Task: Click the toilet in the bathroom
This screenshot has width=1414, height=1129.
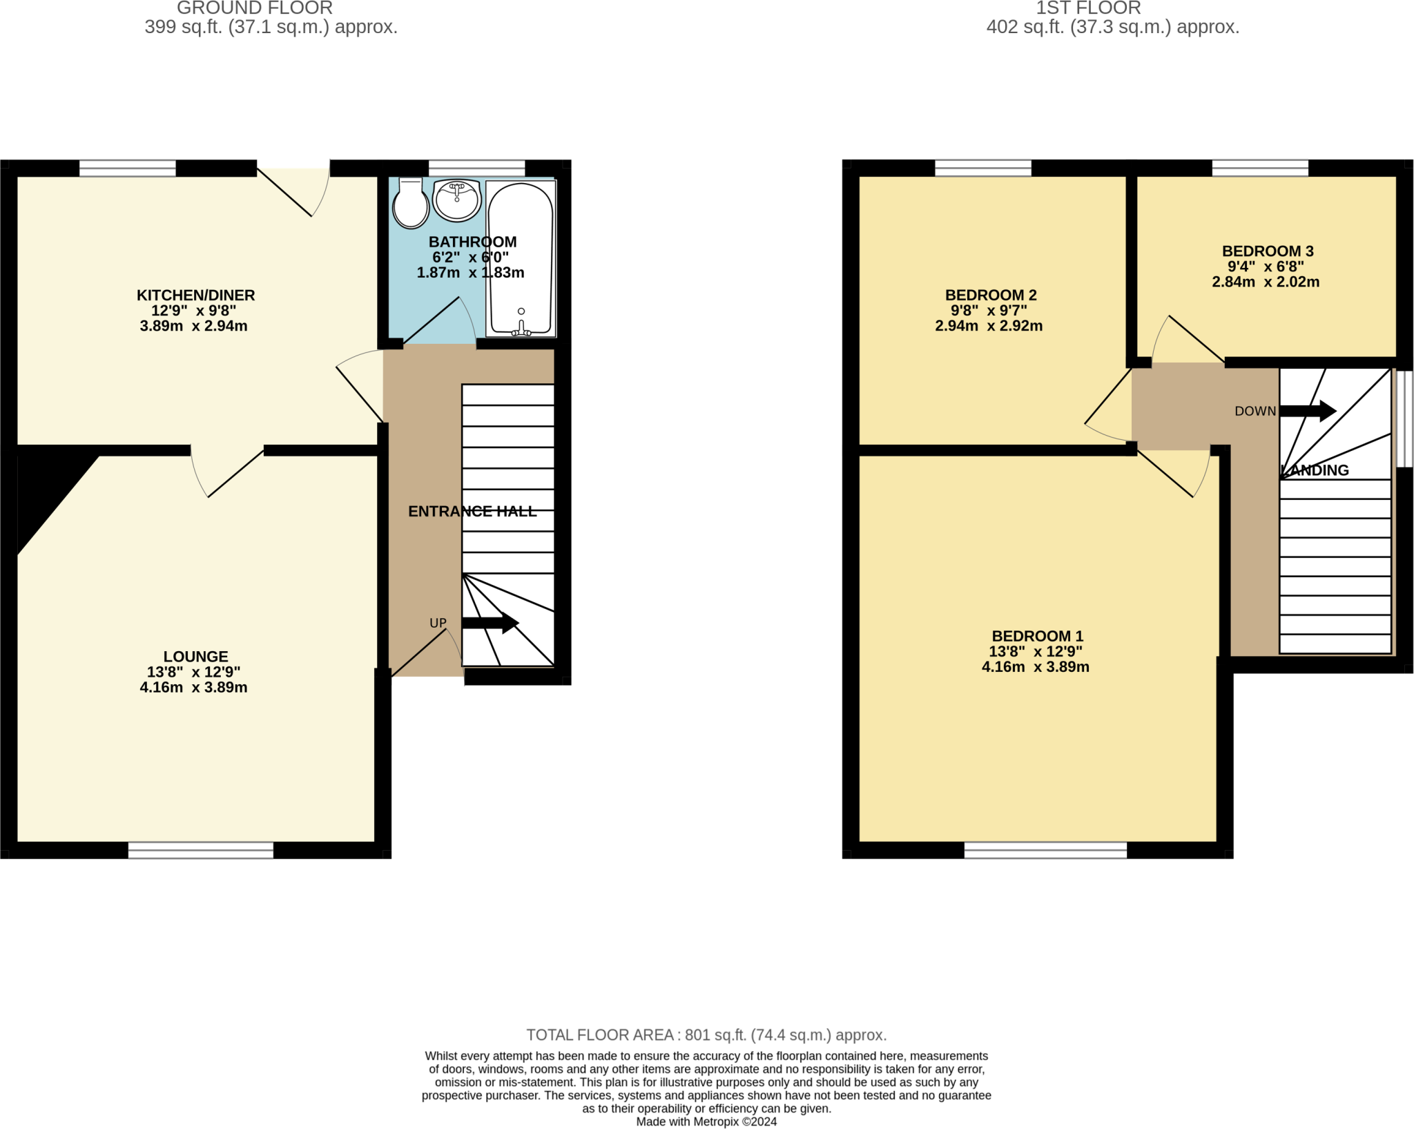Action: pos(411,202)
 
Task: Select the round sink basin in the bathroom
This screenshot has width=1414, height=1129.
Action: pos(457,200)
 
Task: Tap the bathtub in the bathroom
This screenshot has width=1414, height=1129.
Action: pos(521,259)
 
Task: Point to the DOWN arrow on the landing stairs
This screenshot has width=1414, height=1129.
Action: pos(1308,411)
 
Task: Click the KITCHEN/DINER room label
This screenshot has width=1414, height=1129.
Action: pos(196,296)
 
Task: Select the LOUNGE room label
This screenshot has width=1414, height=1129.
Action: pos(196,657)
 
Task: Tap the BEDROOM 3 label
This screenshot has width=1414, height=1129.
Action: pos(1268,251)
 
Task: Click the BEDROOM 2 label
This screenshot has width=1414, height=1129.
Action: pos(991,296)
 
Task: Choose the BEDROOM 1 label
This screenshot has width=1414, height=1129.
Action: pos(1038,637)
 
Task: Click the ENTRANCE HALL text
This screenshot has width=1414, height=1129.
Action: pos(472,512)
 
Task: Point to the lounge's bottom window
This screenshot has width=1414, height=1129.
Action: pos(201,850)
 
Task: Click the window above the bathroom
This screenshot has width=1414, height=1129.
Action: pos(477,168)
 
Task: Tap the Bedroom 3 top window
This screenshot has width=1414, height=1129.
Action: pos(1260,168)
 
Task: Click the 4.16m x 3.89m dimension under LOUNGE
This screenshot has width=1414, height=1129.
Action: pos(194,688)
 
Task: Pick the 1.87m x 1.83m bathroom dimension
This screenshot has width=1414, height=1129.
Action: pos(471,273)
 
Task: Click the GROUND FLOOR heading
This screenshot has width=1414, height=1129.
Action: pos(255,8)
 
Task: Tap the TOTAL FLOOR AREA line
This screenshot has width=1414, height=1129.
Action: pos(706,1035)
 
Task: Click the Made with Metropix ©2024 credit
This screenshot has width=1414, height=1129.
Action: pos(706,1122)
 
